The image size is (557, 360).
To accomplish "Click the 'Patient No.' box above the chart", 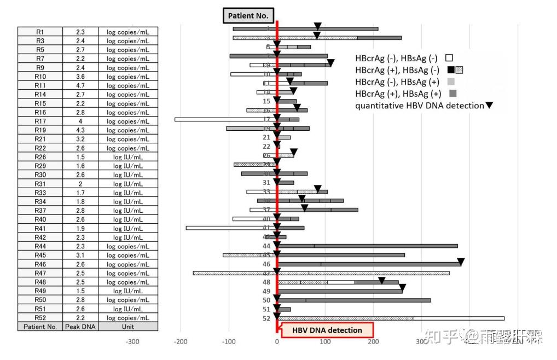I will tap(248, 16).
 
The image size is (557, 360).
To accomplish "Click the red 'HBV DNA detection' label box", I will tap(327, 330).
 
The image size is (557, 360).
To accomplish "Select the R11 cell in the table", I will tap(40, 85).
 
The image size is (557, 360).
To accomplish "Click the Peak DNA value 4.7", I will tap(80, 85).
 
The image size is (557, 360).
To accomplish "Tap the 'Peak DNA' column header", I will tap(80, 327).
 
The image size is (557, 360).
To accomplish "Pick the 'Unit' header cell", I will tap(128, 327).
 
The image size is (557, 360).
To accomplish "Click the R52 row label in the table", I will tap(40, 318).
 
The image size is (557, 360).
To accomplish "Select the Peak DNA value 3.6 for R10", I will tap(80, 77).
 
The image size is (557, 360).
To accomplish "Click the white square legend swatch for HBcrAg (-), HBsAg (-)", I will tap(449, 57).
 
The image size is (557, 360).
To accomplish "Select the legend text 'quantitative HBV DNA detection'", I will tap(419, 106).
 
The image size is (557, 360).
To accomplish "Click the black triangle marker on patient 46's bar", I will tap(461, 262).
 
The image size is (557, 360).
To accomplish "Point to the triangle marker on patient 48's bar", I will tap(382, 280).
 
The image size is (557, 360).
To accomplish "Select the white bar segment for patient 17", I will tap(224, 119).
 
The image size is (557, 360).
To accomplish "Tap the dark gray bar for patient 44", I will tap(383, 246).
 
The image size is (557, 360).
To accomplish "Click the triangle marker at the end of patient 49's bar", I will tap(403, 287).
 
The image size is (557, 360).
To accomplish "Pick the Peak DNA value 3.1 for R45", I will tap(80, 255).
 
